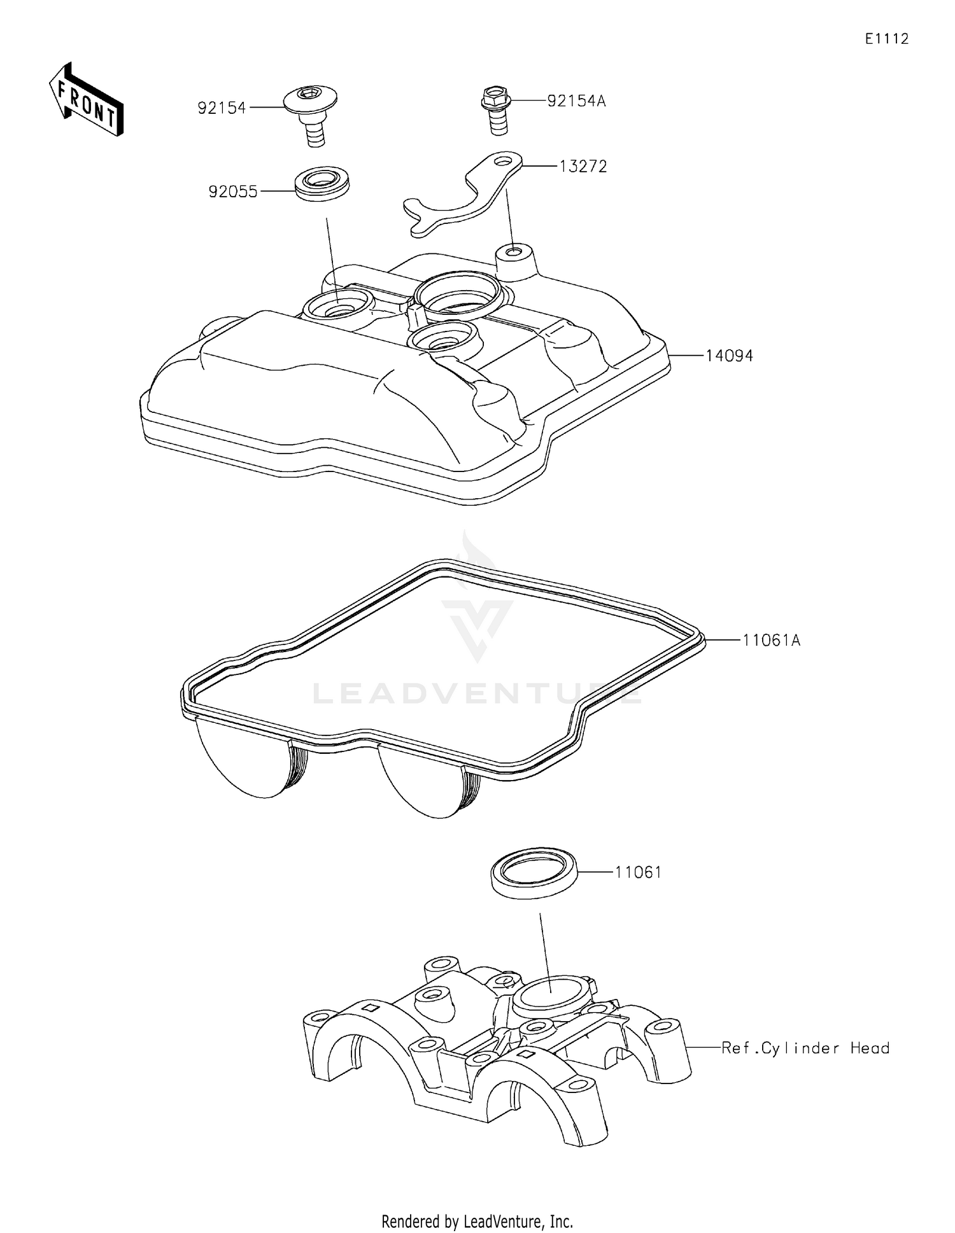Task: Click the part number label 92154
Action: click(x=222, y=108)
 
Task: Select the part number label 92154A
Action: click(x=576, y=101)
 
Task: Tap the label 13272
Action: click(x=583, y=167)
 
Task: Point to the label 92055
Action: click(x=233, y=192)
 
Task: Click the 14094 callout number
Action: click(x=729, y=356)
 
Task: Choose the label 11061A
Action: click(x=771, y=641)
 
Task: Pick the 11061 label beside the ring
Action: click(x=638, y=872)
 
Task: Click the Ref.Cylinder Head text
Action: click(x=805, y=1048)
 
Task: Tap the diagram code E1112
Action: click(x=886, y=39)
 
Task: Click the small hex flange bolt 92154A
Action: click(x=497, y=111)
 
